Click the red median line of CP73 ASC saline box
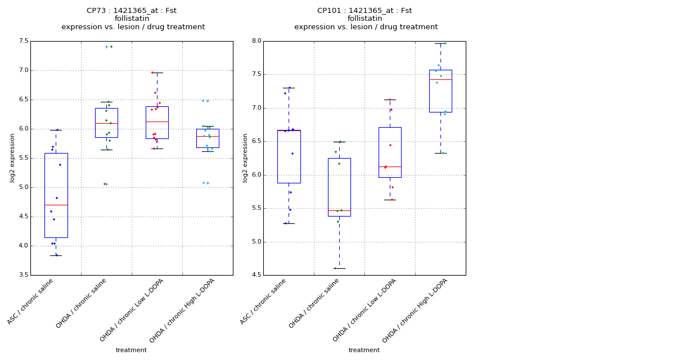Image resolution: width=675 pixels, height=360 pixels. pyautogui.click(x=56, y=205)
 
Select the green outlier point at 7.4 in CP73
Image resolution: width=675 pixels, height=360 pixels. pyautogui.click(x=111, y=47)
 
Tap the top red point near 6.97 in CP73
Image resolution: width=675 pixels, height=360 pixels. pyautogui.click(x=152, y=73)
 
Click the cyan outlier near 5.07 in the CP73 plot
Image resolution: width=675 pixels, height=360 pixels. pyautogui.click(x=204, y=183)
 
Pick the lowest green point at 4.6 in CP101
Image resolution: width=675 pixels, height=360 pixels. pyautogui.click(x=335, y=268)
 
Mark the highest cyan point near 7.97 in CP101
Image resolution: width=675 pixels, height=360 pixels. pyautogui.click(x=445, y=43)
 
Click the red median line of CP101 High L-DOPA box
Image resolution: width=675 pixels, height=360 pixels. pyautogui.click(x=440, y=80)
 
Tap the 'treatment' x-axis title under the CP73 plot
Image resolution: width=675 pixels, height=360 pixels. pyautogui.click(x=131, y=350)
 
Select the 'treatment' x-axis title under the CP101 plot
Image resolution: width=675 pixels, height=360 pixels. pyautogui.click(x=364, y=350)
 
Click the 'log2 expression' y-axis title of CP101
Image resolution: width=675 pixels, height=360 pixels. pyautogui.click(x=245, y=157)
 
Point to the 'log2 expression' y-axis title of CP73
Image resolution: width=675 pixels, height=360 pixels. pyautogui.click(x=12, y=157)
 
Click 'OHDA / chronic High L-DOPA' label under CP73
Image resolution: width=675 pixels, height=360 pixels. pyautogui.click(x=183, y=310)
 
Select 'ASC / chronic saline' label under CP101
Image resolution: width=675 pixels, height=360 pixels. pyautogui.click(x=264, y=301)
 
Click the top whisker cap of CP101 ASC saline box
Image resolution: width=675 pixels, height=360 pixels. pyautogui.click(x=289, y=88)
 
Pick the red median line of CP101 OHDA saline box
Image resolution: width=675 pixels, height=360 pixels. pyautogui.click(x=339, y=211)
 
